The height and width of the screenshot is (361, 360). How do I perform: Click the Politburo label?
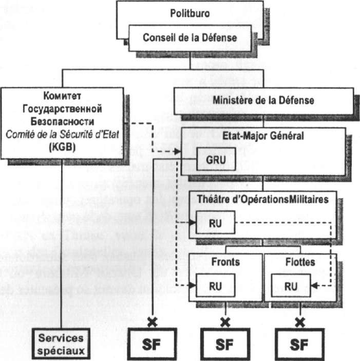click(190, 14)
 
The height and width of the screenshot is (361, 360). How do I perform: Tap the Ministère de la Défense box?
click(263, 100)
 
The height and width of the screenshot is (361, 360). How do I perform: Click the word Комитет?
click(63, 96)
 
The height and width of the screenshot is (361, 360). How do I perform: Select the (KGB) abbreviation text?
click(63, 146)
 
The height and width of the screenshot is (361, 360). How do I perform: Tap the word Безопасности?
click(63, 121)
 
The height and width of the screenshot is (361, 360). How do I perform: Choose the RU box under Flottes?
click(291, 285)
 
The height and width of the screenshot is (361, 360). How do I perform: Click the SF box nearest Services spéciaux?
click(151, 344)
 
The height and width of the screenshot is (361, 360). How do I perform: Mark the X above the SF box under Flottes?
click(301, 322)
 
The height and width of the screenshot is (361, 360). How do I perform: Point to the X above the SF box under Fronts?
click(224, 322)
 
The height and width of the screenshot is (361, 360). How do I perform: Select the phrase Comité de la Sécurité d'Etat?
click(63, 133)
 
